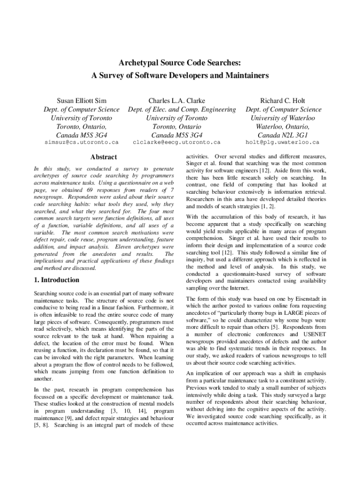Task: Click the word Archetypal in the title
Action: tap(136, 63)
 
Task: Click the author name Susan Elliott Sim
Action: tap(81, 101)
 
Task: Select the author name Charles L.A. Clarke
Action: tap(177, 101)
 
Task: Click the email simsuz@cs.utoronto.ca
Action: tap(81, 142)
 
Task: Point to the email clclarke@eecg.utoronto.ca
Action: tap(177, 142)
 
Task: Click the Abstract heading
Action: tap(104, 157)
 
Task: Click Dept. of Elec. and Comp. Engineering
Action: tap(182, 109)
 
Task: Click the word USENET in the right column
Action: tap(314, 334)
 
